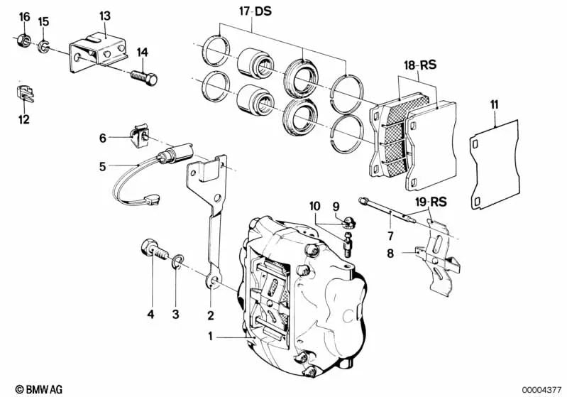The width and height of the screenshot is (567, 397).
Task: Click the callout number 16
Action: (x=24, y=16)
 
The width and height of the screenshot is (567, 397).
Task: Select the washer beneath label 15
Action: (x=44, y=47)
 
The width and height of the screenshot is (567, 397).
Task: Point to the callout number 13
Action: (x=104, y=15)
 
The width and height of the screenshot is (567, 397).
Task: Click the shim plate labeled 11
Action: (x=496, y=167)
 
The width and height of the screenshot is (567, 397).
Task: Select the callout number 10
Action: (x=315, y=206)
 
